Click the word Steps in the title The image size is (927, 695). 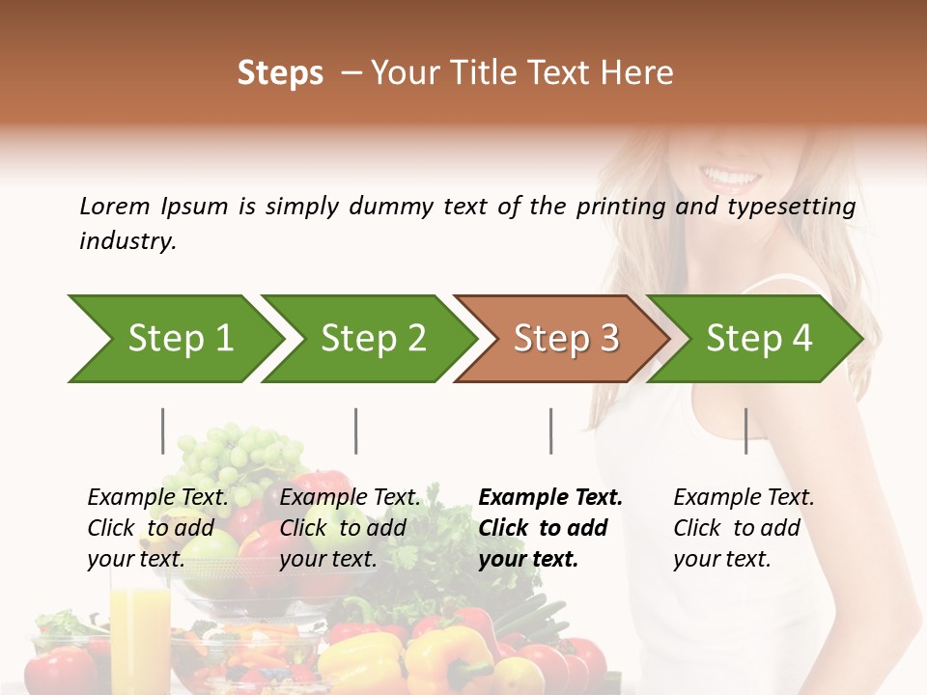(280, 73)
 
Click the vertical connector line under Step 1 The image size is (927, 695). (163, 431)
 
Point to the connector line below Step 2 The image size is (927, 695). (356, 431)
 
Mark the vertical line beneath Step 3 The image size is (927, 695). (551, 431)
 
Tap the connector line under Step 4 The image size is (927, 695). (746, 431)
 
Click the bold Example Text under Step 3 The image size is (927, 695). (550, 528)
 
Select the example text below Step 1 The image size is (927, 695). (157, 528)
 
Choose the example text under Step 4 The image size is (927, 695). (744, 528)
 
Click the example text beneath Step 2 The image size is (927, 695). (350, 528)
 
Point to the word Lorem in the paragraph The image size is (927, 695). (115, 207)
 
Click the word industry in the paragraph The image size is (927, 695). (127, 241)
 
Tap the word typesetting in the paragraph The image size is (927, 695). (791, 207)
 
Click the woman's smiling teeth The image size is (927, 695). (731, 178)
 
